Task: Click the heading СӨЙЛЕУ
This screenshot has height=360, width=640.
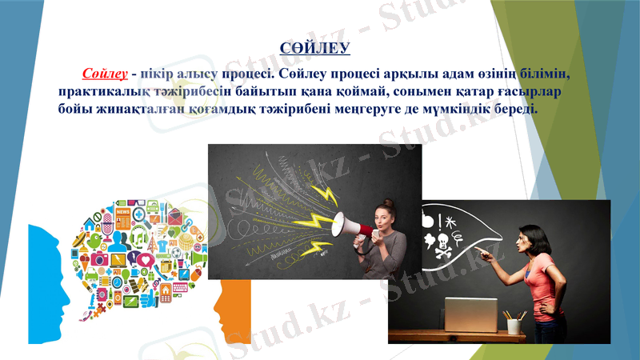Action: click(x=316, y=50)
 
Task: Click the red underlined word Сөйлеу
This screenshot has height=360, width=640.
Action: click(x=105, y=74)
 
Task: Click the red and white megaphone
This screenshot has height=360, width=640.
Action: click(x=353, y=226)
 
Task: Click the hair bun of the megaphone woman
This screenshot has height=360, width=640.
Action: click(x=387, y=203)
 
